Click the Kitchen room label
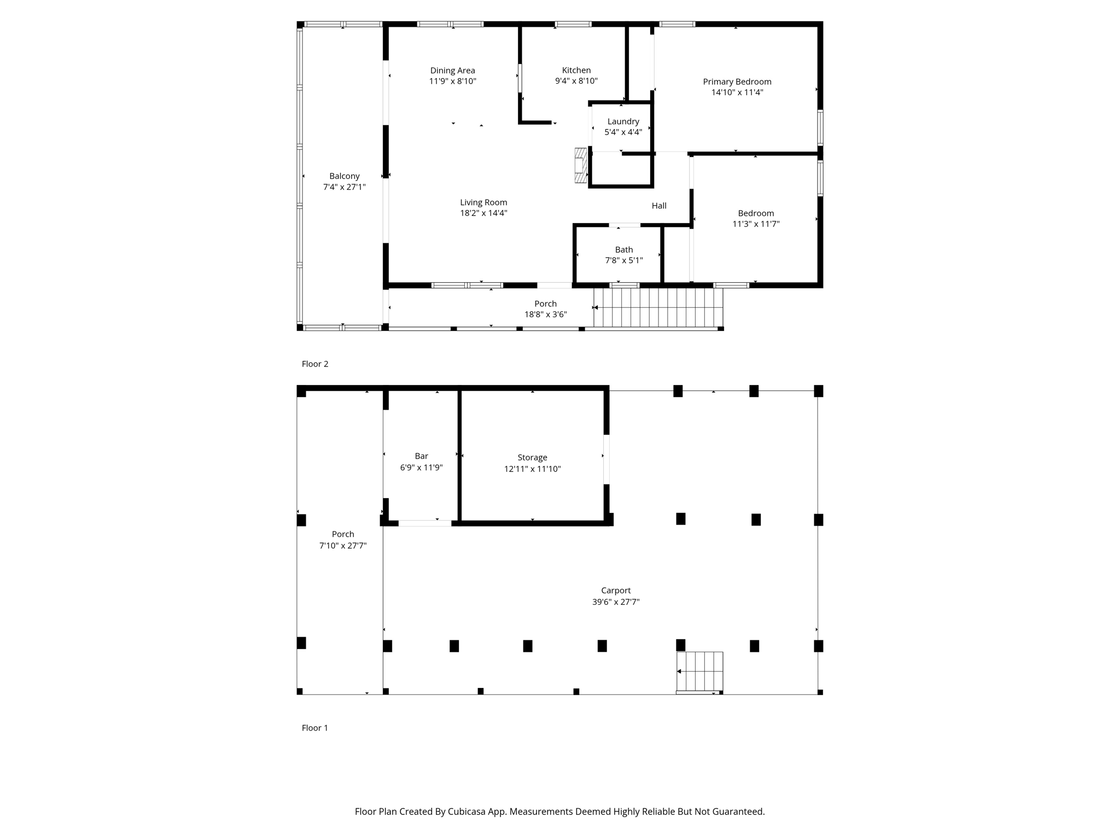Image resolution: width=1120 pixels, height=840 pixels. click(x=576, y=70)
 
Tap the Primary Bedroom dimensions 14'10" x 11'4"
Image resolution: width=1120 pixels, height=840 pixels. click(x=737, y=92)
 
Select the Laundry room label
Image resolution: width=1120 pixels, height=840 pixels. click(x=623, y=121)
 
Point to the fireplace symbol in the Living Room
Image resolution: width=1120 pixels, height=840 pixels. click(x=580, y=165)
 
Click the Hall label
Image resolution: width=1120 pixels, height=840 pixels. click(x=659, y=206)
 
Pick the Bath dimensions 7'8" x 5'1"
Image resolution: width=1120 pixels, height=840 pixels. click(x=624, y=260)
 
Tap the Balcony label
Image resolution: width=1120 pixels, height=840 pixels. click(x=345, y=176)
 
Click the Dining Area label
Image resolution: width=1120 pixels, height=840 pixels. click(x=453, y=71)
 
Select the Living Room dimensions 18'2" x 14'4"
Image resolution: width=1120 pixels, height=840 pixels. click(x=483, y=213)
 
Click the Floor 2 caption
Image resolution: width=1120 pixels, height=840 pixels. click(x=315, y=364)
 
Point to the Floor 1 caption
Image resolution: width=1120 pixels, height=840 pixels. click(x=315, y=728)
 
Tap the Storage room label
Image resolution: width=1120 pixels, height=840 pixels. click(x=533, y=458)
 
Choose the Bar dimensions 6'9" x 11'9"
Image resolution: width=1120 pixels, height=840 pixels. click(x=422, y=468)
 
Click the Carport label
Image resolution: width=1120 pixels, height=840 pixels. click(x=616, y=591)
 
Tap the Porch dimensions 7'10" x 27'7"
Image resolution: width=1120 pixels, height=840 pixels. click(x=343, y=546)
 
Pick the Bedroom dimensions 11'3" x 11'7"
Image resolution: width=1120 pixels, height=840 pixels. click(x=756, y=224)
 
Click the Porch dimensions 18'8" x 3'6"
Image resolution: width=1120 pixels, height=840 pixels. click(x=546, y=314)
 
